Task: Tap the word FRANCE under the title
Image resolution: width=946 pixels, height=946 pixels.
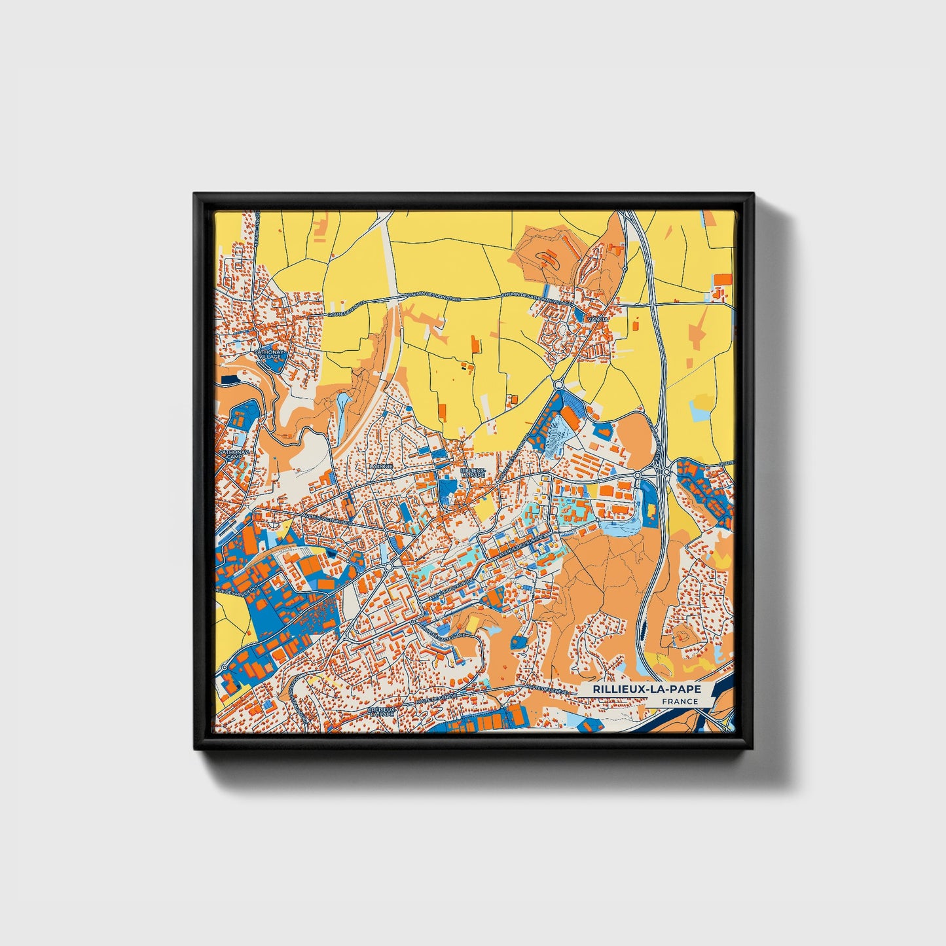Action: pos(679,701)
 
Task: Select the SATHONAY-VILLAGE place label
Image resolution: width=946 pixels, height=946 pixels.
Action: pos(266,354)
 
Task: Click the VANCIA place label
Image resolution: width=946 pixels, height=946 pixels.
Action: pos(598,319)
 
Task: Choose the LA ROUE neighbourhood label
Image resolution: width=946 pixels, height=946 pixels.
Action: pos(380,467)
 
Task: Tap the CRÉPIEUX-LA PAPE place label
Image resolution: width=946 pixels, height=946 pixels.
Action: pos(382,711)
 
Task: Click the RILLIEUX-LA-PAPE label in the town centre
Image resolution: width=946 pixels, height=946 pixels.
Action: pos(473,472)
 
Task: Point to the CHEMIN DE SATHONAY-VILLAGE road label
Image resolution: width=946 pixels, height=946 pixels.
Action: pos(534,299)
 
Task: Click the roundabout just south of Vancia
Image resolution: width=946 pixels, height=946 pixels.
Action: pos(558,385)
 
